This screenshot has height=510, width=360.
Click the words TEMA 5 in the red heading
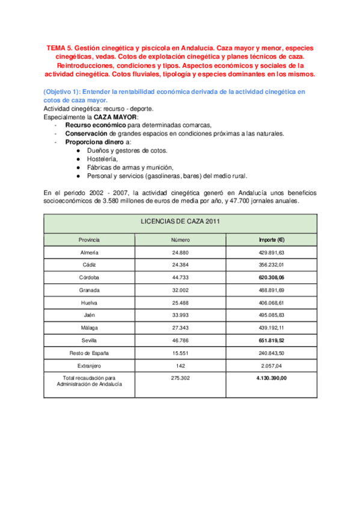pos(61,48)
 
